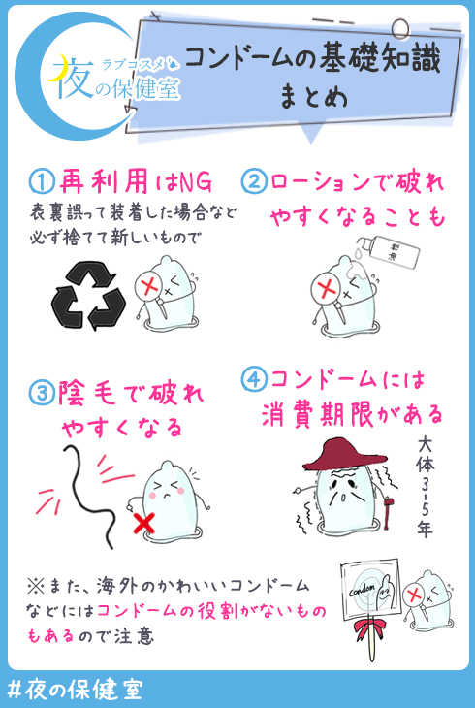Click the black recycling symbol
(x=88, y=296)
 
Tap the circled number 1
(x=42, y=181)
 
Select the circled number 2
(x=255, y=181)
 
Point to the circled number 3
(x=42, y=393)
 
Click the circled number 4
(x=255, y=379)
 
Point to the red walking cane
(x=387, y=511)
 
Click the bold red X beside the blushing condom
(x=144, y=524)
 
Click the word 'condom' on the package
(x=363, y=590)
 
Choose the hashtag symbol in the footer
(x=15, y=691)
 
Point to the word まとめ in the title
(x=313, y=97)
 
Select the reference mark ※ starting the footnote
(x=35, y=586)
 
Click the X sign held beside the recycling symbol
(x=150, y=286)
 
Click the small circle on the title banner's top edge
(x=399, y=30)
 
